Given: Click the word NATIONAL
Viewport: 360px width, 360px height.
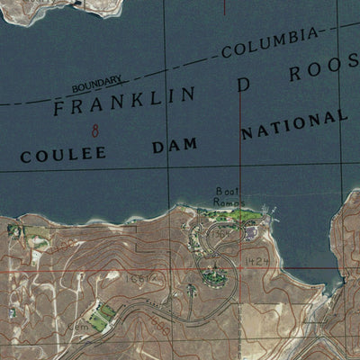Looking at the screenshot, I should tap(294, 125).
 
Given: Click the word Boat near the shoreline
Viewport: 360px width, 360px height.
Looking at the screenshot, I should tap(225, 191).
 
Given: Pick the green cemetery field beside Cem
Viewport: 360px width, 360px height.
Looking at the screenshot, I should tap(101, 317).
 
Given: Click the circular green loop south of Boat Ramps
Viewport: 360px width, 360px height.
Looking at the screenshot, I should tap(213, 276).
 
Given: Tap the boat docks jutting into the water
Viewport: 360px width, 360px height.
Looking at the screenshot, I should tap(271, 214).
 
